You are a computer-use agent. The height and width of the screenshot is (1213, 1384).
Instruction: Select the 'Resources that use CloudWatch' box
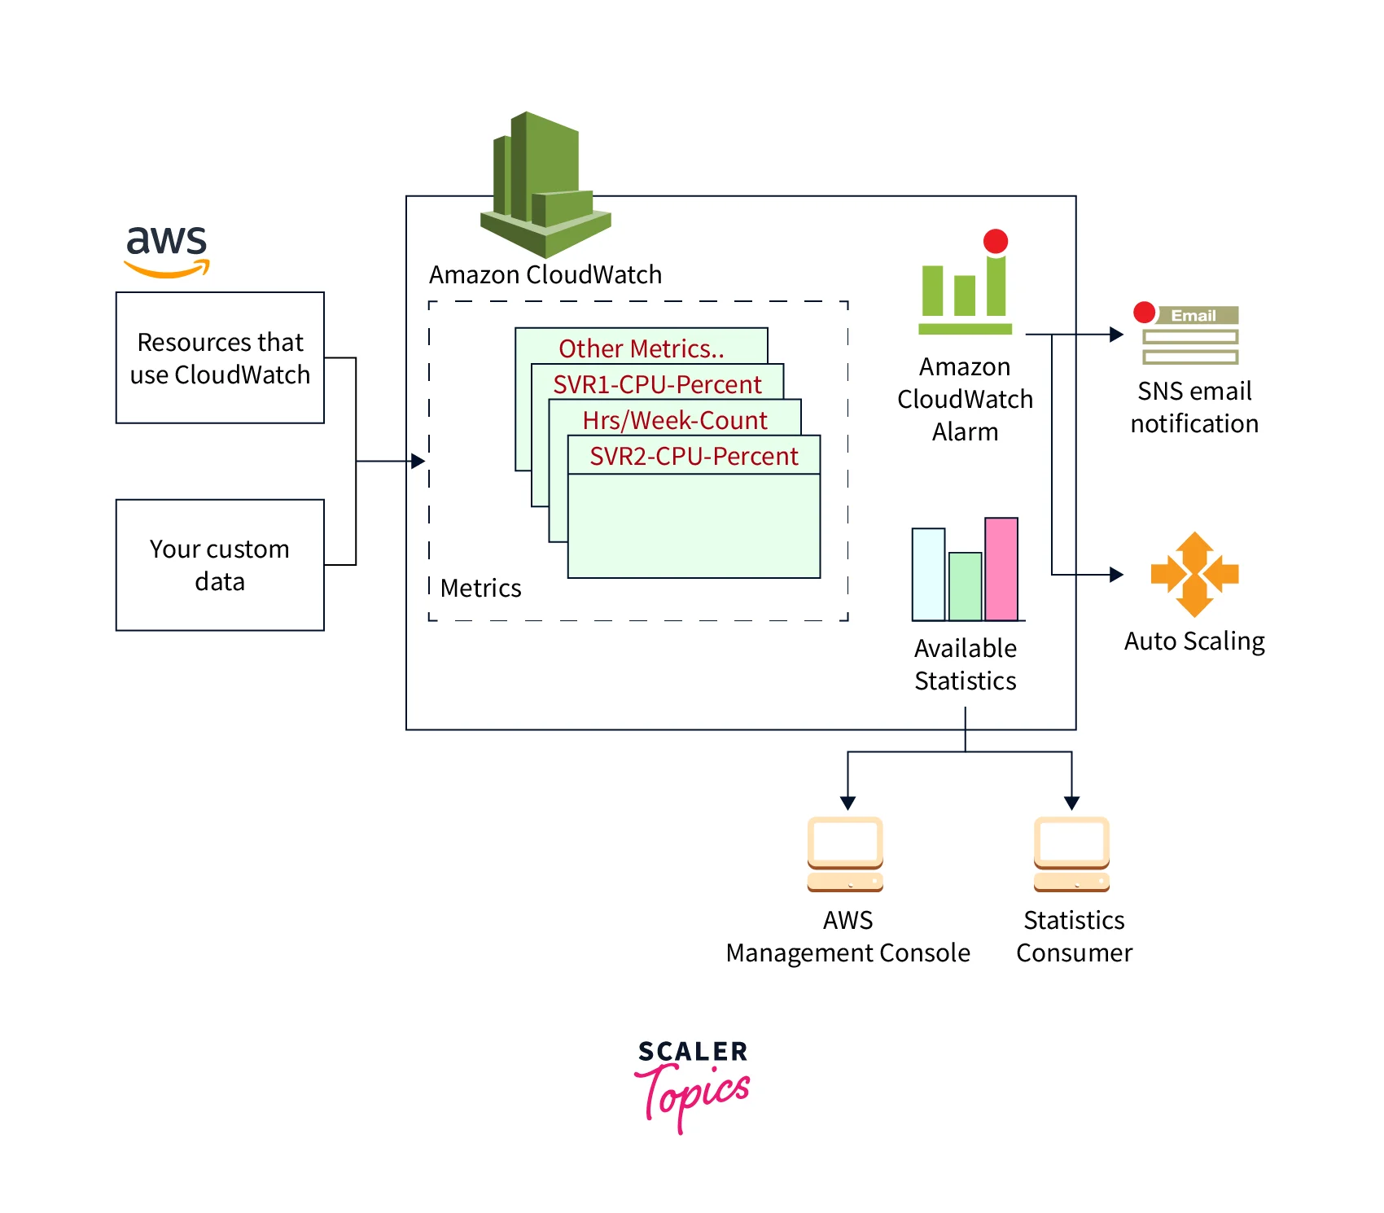[220, 357]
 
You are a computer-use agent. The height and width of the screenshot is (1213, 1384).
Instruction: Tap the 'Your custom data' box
[220, 564]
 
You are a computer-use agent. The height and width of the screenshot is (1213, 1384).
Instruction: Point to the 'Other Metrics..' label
[641, 348]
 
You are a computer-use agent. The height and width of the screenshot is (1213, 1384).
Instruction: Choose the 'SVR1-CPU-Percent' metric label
[657, 384]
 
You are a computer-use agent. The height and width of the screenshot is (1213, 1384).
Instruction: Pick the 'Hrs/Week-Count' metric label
[675, 420]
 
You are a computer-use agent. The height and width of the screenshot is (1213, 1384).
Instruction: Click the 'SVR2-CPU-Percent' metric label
[694, 456]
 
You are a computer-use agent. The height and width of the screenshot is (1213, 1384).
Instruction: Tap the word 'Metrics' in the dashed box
[480, 588]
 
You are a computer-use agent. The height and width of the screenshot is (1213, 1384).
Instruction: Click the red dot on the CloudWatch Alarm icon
[996, 241]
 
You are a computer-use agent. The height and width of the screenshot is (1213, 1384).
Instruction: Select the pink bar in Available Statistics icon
[1001, 568]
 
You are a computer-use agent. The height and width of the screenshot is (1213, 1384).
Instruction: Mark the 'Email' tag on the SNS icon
[1193, 316]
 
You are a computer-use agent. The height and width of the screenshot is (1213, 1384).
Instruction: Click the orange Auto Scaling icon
[1194, 574]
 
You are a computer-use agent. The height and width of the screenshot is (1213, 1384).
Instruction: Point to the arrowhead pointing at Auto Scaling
[1117, 575]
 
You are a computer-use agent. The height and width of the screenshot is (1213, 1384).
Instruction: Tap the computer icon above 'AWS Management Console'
[846, 854]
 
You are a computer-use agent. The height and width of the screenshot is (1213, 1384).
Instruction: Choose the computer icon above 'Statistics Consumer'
[1072, 854]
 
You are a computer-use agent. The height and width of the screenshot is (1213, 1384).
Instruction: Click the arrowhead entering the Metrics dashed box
[418, 462]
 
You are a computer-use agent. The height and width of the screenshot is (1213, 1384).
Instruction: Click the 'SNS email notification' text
[1194, 407]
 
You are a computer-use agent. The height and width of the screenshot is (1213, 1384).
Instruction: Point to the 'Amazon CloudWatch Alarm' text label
[965, 399]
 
